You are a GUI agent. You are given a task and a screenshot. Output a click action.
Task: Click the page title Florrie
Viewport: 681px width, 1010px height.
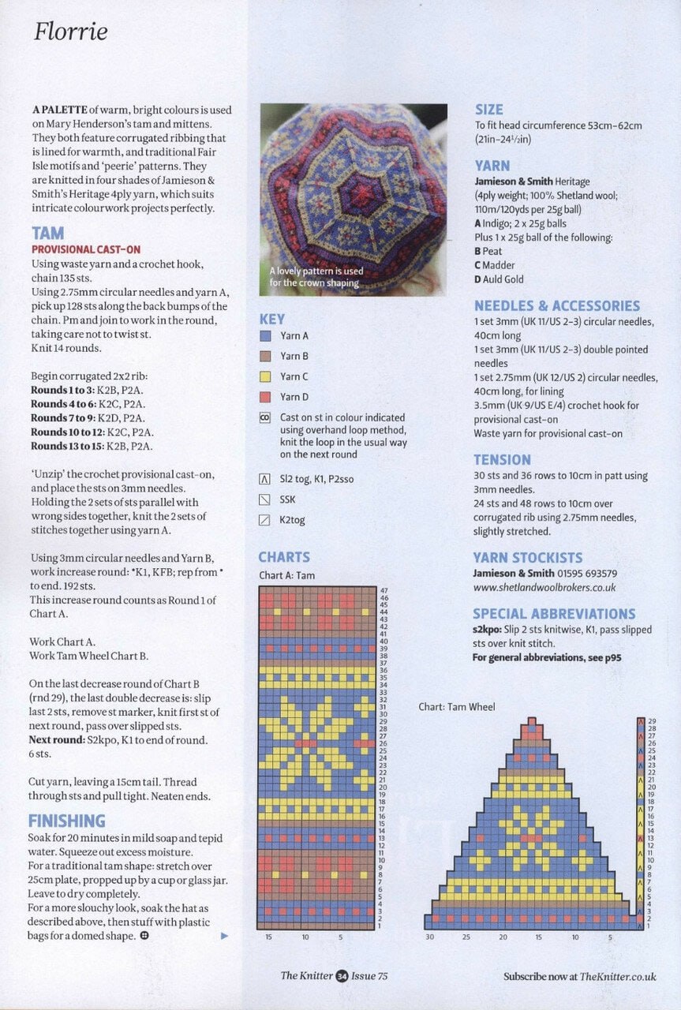(x=70, y=32)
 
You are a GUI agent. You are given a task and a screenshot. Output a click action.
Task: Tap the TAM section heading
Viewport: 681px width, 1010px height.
(x=48, y=234)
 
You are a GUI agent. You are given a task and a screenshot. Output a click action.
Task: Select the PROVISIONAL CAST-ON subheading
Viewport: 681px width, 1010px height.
(x=85, y=249)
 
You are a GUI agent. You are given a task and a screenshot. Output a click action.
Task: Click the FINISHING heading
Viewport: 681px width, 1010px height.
(x=66, y=821)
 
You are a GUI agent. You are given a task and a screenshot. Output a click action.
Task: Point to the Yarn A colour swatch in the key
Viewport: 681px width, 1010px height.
(x=265, y=336)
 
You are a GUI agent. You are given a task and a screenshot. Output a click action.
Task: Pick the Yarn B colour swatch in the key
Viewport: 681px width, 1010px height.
(x=265, y=357)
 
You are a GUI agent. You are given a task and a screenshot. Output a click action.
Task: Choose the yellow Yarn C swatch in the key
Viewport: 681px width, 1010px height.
(x=265, y=377)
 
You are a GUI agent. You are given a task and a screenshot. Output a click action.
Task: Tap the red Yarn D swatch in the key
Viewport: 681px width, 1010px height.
(x=265, y=398)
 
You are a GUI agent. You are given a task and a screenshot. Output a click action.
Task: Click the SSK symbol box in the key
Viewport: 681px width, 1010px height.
(x=265, y=499)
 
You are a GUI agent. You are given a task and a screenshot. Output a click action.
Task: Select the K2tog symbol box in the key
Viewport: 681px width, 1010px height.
(x=265, y=520)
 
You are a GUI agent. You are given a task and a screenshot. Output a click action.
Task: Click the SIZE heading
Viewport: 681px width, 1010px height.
(x=488, y=110)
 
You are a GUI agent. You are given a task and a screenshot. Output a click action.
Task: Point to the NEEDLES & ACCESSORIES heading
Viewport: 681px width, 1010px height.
(x=556, y=305)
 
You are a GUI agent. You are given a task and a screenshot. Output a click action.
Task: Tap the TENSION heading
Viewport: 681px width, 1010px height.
(x=502, y=459)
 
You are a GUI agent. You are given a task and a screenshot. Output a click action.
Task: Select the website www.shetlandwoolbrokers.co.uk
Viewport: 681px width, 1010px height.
(x=544, y=588)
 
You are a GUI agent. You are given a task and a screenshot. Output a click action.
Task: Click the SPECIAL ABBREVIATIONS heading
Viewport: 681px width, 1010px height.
(x=553, y=613)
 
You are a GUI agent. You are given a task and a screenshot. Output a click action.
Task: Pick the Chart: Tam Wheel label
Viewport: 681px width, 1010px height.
(x=456, y=707)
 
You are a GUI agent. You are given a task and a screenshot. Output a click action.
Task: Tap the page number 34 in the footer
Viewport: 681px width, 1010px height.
(x=342, y=976)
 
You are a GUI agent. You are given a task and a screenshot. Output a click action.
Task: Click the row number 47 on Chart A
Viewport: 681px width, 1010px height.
(x=384, y=590)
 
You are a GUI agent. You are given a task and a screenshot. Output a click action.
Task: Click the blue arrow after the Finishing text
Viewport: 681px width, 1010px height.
(x=224, y=936)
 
